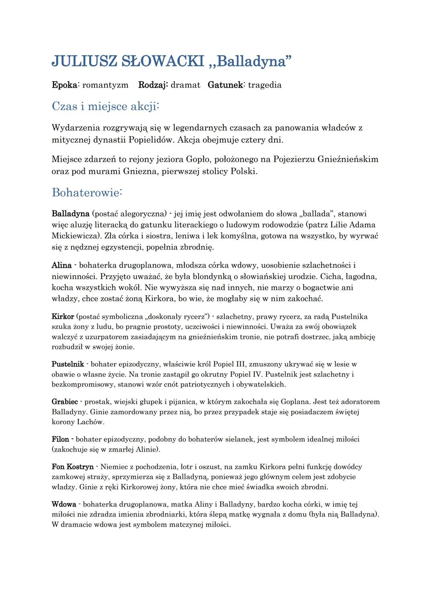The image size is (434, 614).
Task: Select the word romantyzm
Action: pos(105,85)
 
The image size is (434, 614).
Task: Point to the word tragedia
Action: pos(265,85)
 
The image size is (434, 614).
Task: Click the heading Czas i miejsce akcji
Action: pos(105,107)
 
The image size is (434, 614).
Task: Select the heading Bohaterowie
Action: pos(86,193)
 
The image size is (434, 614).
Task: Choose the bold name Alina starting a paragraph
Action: pos(61,265)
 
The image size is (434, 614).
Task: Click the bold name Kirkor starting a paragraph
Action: pos(63,316)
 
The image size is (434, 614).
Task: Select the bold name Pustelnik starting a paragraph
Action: pos(68,364)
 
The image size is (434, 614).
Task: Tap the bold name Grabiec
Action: pos(65,402)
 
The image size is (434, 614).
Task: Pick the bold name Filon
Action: pos(60,439)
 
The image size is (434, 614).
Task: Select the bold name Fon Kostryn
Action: pos(72,467)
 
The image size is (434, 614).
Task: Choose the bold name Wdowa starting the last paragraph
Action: pos(64,504)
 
